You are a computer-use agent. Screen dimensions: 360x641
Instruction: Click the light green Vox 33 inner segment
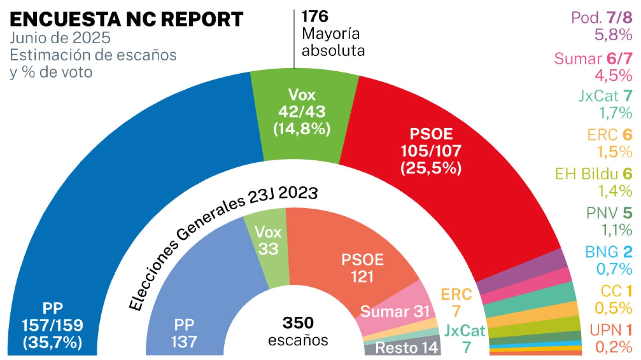pyautogui.click(x=268, y=248)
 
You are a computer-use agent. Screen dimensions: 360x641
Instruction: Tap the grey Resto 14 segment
pyautogui.click(x=405, y=348)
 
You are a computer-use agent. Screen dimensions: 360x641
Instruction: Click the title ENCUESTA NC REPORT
pyautogui.click(x=127, y=19)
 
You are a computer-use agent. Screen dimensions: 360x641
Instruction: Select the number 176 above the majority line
pyautogui.click(x=315, y=16)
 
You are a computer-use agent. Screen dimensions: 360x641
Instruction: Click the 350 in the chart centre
pyautogui.click(x=298, y=323)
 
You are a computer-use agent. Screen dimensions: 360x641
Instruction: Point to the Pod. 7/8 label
pyautogui.click(x=601, y=17)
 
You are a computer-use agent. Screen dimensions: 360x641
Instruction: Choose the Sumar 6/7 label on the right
pyautogui.click(x=593, y=59)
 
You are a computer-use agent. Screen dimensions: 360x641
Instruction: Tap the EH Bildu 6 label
pyautogui.click(x=593, y=174)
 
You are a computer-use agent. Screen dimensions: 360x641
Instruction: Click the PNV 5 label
pyautogui.click(x=609, y=213)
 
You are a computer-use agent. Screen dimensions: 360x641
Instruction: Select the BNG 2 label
pyautogui.click(x=609, y=252)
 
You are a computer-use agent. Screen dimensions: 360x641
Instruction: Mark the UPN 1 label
pyautogui.click(x=611, y=330)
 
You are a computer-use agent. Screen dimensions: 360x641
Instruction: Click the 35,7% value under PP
pyautogui.click(x=52, y=342)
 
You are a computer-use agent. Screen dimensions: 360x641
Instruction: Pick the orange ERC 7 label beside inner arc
pyautogui.click(x=456, y=302)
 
